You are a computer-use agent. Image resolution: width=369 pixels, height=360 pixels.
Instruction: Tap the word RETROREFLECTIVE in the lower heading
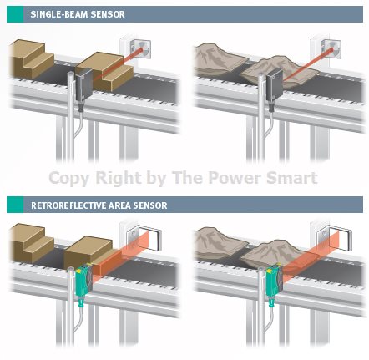pos(68,205)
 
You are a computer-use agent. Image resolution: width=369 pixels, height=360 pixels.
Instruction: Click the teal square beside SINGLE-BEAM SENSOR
pos(15,14)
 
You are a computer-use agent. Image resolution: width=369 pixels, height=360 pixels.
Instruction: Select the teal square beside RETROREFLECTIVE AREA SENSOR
pos(15,205)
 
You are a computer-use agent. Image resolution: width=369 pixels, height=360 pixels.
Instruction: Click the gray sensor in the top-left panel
pos(83,85)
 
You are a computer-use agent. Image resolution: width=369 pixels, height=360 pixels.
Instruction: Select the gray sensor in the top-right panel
pos(275,86)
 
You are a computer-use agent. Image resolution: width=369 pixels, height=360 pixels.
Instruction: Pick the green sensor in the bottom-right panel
pos(275,281)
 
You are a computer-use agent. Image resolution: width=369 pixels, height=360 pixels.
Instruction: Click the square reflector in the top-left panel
pos(140,49)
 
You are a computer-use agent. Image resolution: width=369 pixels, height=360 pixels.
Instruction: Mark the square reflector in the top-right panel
pos(331,49)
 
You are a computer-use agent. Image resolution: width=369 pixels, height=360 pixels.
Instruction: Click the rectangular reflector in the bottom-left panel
pos(149,237)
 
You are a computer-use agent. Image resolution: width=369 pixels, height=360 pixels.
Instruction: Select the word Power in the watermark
pos(235,177)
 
